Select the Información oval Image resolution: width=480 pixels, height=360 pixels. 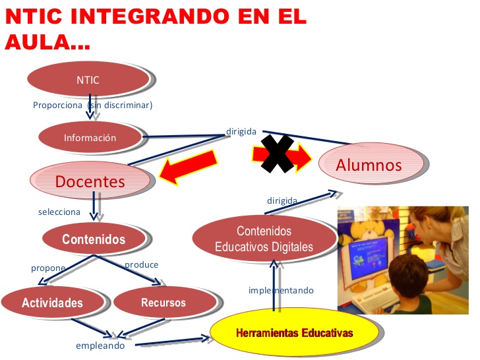pos(90,137)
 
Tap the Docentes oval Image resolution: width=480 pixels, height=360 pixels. pos(90,181)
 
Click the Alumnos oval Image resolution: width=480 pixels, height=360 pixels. pos(369,164)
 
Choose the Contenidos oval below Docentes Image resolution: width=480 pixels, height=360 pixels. pos(94,239)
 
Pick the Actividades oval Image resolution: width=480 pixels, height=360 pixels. pos(52,303)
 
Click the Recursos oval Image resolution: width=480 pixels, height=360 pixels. pos(164,303)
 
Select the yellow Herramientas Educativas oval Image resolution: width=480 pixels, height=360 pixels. pos(294,334)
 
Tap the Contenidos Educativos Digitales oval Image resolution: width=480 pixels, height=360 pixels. pos(264,239)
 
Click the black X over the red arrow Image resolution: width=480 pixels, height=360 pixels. pos(277,154)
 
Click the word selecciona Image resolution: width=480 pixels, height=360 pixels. pos(59,212)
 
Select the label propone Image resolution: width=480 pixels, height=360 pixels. pos(48,268)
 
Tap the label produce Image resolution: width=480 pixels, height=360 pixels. pos(142,264)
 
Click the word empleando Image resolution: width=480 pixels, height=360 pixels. pos(100,345)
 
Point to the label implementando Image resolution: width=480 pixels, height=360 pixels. pos(281,290)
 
